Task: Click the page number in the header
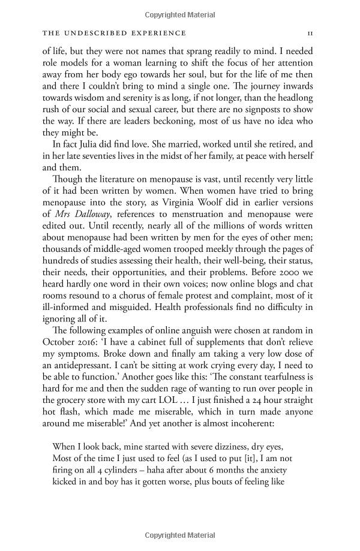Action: [x=310, y=33]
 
